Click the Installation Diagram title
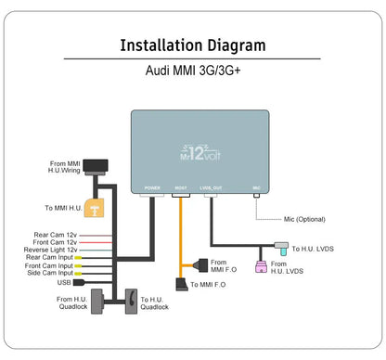coord(193,45)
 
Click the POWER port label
coord(152,188)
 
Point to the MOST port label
coord(181,188)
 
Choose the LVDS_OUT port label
coord(211,188)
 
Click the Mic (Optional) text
coord(305,220)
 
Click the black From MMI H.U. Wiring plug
coord(96,167)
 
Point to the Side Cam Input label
coord(53,274)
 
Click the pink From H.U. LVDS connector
coord(262,267)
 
